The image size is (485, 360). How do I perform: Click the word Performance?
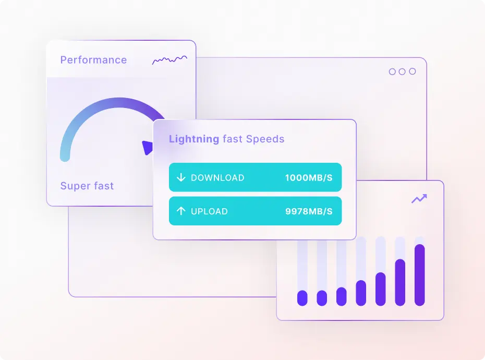[93, 60]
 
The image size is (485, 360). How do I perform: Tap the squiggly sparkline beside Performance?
[169, 61]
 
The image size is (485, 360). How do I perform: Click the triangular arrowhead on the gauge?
[148, 148]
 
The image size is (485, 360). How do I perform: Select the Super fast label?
[87, 186]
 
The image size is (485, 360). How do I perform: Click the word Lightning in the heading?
[194, 139]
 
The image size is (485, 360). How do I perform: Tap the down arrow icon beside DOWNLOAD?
[181, 177]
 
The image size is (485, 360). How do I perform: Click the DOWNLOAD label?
[217, 177]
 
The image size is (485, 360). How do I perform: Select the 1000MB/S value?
[309, 177]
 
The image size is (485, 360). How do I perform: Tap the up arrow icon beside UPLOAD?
[181, 211]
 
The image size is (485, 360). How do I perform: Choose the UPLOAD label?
[209, 211]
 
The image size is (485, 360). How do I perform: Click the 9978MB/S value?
[309, 211]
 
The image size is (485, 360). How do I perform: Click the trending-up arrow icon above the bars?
[419, 198]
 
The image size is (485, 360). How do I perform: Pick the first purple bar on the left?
[302, 298]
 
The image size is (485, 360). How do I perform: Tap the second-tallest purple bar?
[400, 282]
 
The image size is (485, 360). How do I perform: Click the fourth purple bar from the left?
[361, 293]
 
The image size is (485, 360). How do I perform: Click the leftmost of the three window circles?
[392, 71]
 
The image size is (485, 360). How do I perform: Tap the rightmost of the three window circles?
[412, 71]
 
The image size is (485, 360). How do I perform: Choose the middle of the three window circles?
[402, 71]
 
